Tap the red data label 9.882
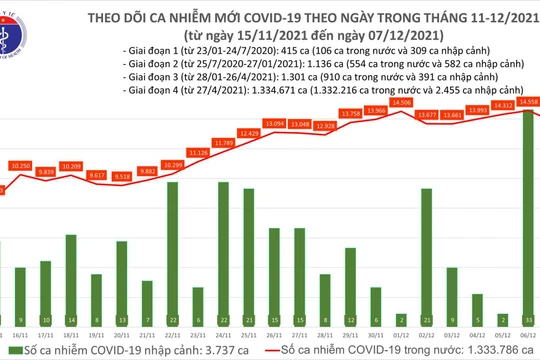(147, 171)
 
